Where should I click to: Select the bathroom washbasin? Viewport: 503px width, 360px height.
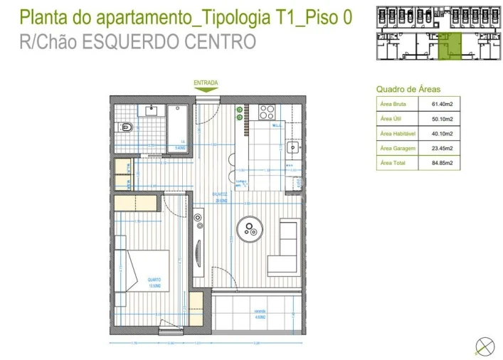coord(152,110)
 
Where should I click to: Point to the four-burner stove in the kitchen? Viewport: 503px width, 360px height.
coord(267,112)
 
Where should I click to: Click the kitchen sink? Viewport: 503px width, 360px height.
coord(292,149)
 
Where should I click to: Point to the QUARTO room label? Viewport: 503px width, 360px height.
coord(154,280)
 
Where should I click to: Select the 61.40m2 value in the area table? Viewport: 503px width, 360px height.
coord(442,104)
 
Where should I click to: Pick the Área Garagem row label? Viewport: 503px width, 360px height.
coord(396,148)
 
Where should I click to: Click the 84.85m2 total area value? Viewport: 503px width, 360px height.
coord(442,163)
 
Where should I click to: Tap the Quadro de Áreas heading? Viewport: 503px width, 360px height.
coord(408,89)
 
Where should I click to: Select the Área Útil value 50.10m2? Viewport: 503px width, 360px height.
coord(442,119)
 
